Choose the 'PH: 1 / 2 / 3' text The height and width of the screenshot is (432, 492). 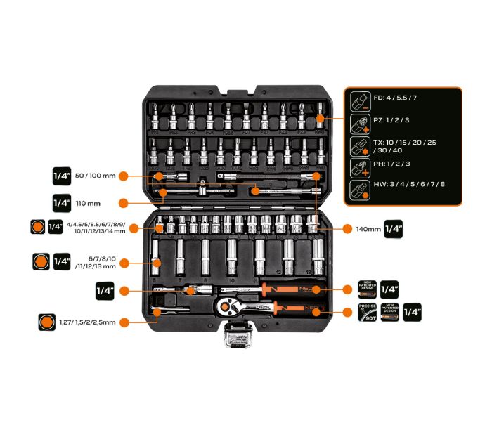393,164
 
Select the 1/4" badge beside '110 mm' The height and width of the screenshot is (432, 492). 63,202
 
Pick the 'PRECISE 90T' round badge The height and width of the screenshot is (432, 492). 368,314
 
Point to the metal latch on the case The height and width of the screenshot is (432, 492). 239,339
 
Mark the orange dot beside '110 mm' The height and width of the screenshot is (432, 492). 123,203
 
